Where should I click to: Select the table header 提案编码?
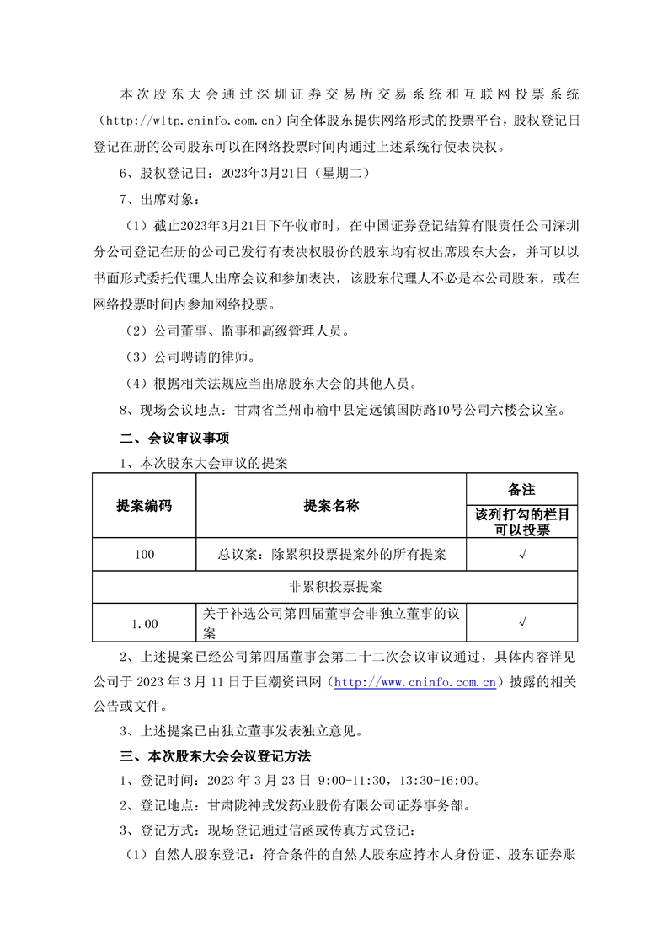click(144, 506)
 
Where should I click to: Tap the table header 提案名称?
click(331, 506)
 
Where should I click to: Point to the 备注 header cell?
click(522, 489)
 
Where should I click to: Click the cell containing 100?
click(144, 554)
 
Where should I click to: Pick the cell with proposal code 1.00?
click(144, 623)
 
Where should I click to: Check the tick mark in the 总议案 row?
click(522, 554)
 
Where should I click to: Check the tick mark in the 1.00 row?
click(522, 623)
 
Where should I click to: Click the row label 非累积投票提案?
click(334, 587)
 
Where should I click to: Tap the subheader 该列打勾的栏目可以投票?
click(522, 522)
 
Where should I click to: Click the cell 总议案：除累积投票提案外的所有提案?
click(331, 554)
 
